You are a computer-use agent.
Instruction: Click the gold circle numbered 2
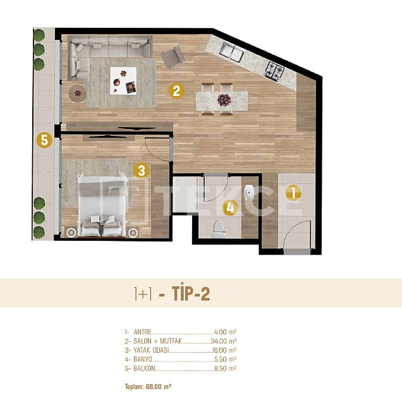click(176, 91)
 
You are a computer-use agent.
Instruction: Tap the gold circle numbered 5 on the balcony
click(44, 140)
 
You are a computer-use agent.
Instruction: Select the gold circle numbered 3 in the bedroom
click(142, 171)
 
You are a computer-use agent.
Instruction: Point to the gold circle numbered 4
click(231, 208)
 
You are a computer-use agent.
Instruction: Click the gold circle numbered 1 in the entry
click(293, 193)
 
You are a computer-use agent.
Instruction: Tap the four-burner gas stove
click(274, 71)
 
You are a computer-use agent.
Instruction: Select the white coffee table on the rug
click(123, 81)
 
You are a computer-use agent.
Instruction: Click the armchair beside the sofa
click(173, 57)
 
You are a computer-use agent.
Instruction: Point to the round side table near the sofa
click(77, 94)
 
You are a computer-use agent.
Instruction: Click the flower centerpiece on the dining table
click(224, 100)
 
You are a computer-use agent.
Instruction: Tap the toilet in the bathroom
click(219, 228)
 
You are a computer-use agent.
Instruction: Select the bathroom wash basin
click(249, 193)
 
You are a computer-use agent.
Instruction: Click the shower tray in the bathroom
click(185, 195)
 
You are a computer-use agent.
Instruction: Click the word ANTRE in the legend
click(143, 332)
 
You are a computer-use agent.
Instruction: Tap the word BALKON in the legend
click(144, 368)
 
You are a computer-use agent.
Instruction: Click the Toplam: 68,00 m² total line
click(148, 386)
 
